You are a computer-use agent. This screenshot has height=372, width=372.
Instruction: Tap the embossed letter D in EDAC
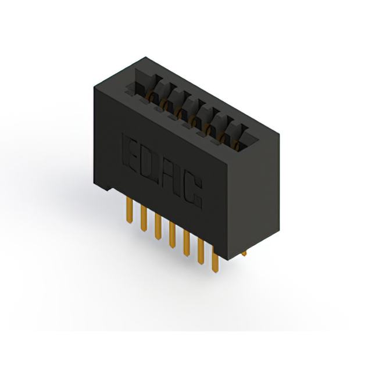pyautogui.click(x=150, y=164)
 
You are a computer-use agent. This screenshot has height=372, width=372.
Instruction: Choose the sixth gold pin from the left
pyautogui.click(x=201, y=253)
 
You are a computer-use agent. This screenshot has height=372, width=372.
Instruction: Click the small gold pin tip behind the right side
pyautogui.click(x=244, y=253)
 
